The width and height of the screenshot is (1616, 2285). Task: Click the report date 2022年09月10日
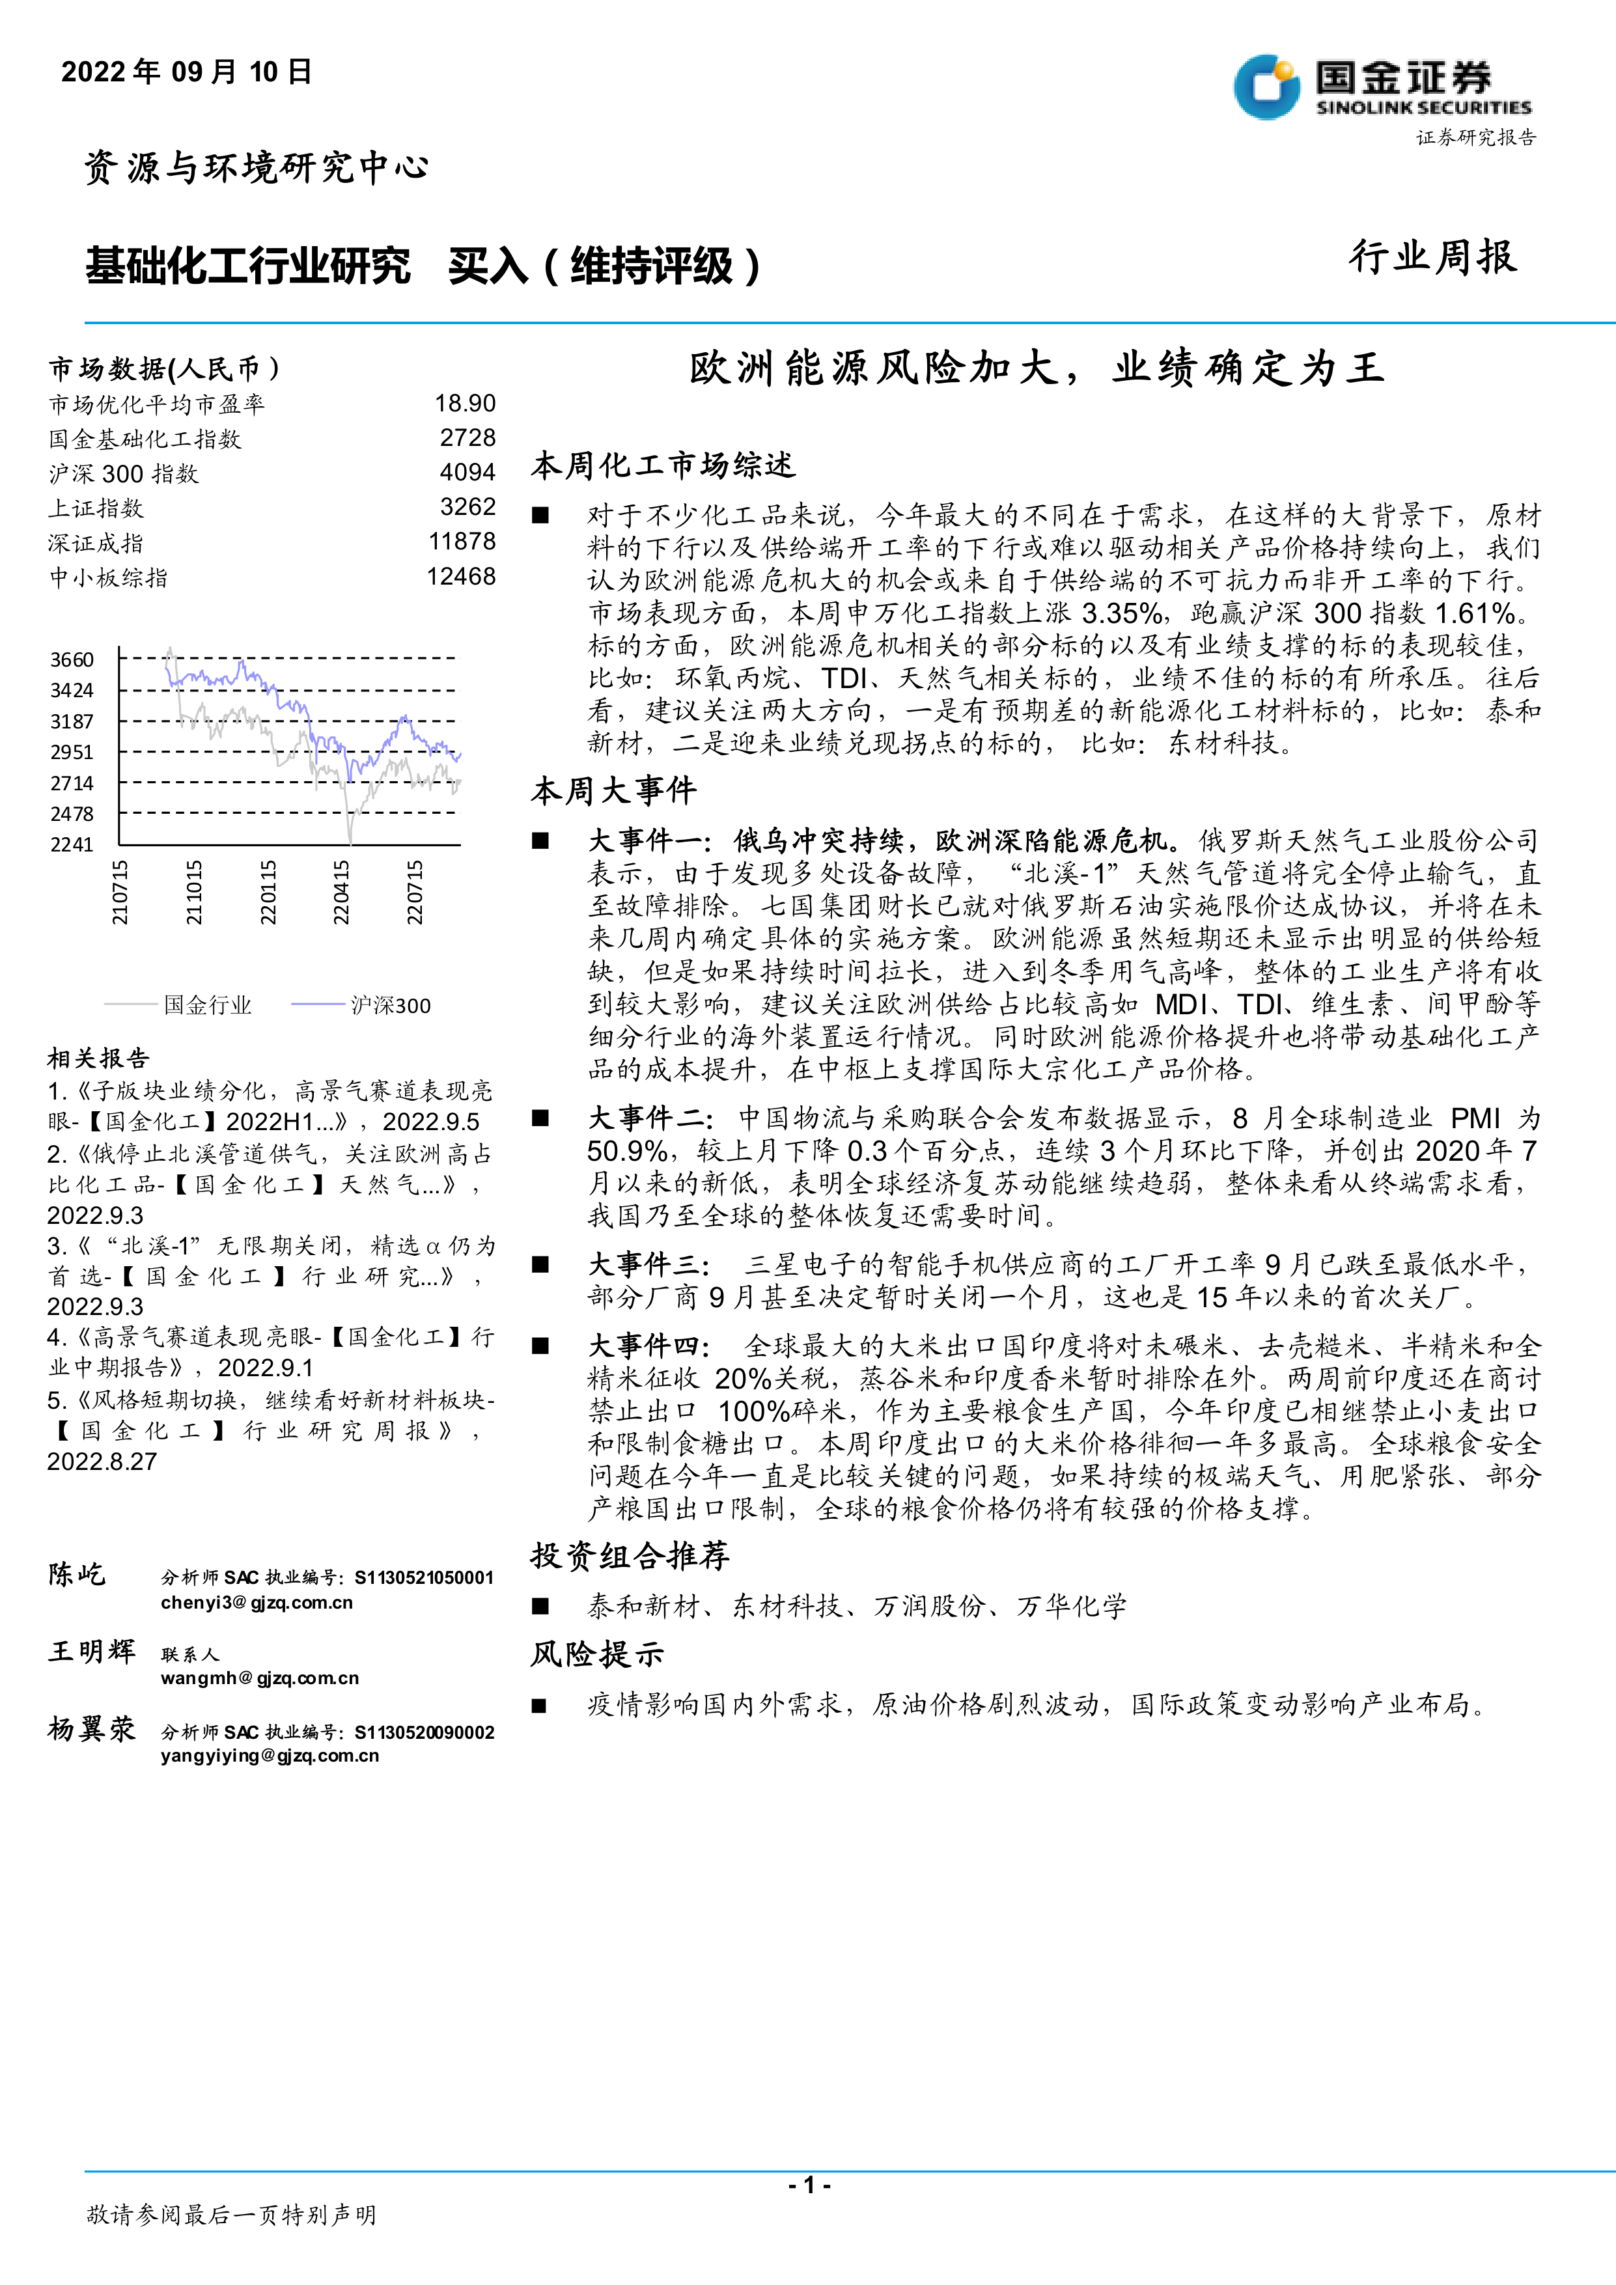(187, 72)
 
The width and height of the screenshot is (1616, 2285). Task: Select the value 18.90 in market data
(465, 403)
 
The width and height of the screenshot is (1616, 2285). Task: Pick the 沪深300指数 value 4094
(467, 473)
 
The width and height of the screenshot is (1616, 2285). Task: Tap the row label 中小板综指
(109, 577)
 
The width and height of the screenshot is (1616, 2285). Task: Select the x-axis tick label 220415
(341, 893)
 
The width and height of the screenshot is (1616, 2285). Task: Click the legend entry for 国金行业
(207, 1005)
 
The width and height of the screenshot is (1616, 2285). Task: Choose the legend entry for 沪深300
(390, 1005)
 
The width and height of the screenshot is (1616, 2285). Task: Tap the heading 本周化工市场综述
(663, 465)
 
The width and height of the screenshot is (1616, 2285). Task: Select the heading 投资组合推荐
(630, 1555)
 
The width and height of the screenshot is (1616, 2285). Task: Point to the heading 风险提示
(597, 1654)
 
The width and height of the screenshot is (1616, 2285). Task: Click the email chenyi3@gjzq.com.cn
(257, 1602)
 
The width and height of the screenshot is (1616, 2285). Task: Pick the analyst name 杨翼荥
(92, 1728)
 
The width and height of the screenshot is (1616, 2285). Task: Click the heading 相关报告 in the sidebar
(98, 1058)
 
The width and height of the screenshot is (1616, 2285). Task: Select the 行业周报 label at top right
(1433, 256)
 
